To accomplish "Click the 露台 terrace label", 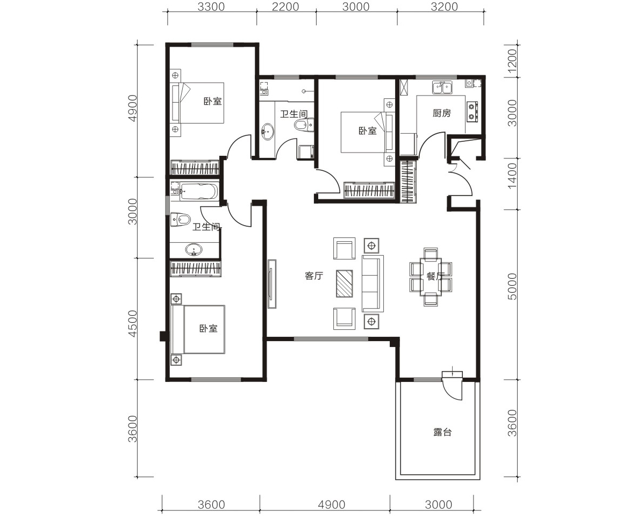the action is [442, 432].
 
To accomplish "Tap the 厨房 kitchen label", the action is [441, 113].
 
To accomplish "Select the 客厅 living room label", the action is [314, 276].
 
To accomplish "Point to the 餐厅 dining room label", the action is [435, 277].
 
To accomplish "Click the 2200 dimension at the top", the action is [286, 7].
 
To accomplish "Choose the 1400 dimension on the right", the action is [512, 175].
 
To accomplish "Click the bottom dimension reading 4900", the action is [332, 504].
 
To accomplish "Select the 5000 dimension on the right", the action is [512, 286].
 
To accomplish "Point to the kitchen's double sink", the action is [441, 87].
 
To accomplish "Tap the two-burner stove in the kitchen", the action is [472, 112].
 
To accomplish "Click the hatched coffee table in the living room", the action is [344, 284].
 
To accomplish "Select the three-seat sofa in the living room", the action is [373, 283].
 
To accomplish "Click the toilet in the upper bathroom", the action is [304, 125].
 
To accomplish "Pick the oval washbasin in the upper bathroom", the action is [267, 132].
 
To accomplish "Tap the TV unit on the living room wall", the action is [272, 284].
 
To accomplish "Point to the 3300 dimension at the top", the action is [212, 7].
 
